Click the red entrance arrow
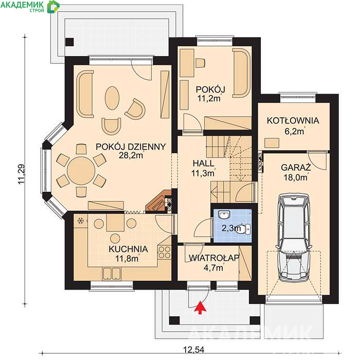pos(201,307)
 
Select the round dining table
pos(81,170)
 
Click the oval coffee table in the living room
pos(112,98)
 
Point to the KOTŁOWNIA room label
pos(293,121)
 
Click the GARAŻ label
pos(296,167)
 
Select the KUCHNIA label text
pos(129,249)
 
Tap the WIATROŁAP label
pos(214,258)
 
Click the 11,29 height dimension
pos(22,174)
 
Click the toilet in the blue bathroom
pos(244,229)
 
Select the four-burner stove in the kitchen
pos(165,252)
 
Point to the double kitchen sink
pos(112,274)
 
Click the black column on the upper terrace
pos(69,42)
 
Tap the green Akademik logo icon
pos(53,7)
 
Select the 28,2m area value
pos(131,155)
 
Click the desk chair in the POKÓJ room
pos(200,63)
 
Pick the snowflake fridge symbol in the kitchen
pos(81,221)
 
